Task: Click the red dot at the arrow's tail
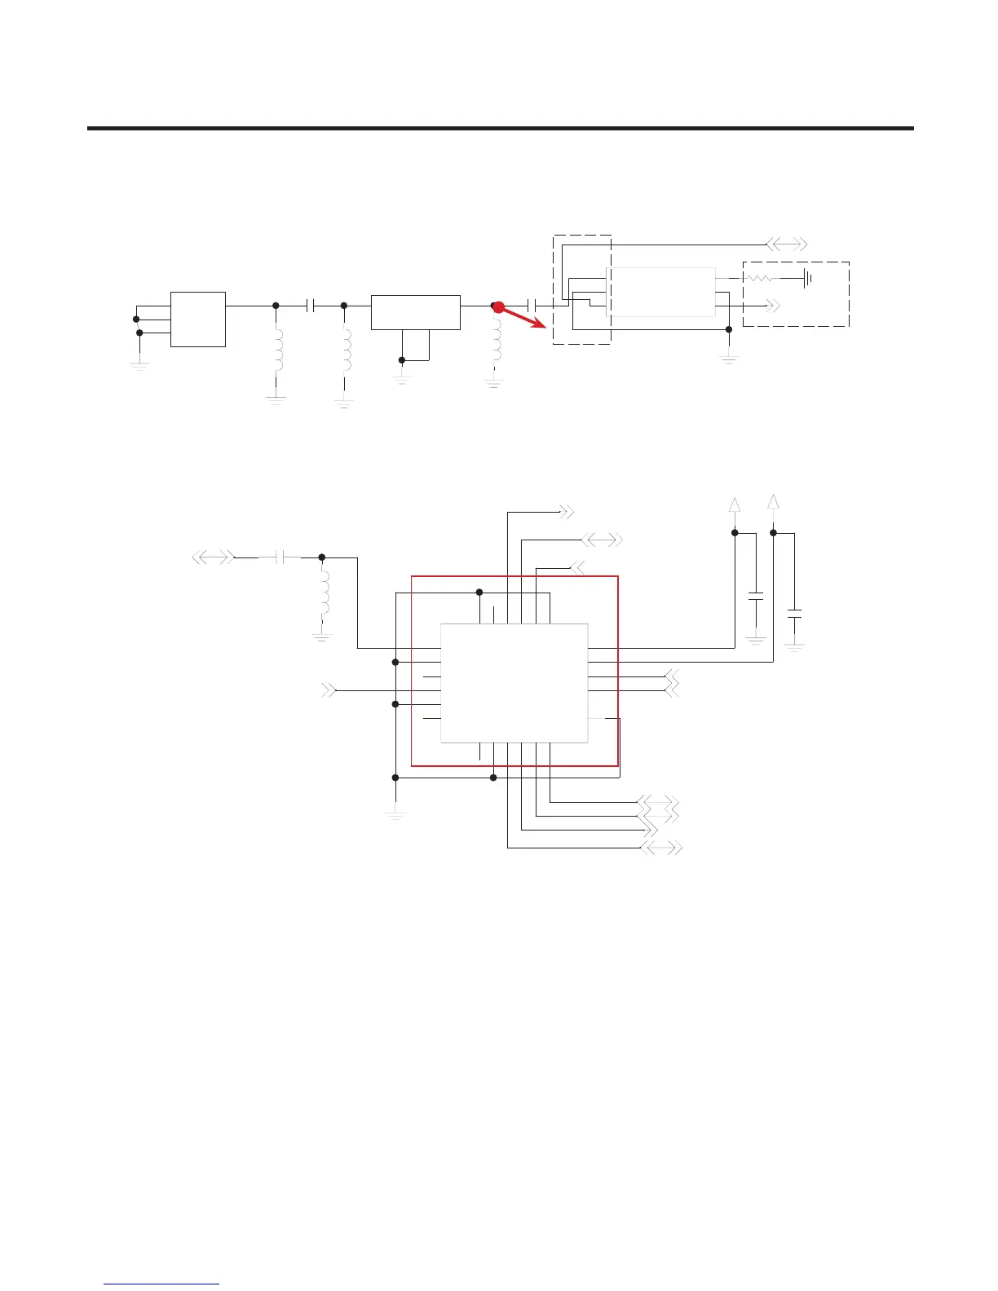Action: [x=499, y=307]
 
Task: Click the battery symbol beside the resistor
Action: [x=806, y=279]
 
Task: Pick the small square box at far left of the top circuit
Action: [x=198, y=319]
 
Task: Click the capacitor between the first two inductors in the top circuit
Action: [x=310, y=306]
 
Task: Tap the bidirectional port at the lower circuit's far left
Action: [x=213, y=557]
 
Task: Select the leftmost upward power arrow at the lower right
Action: [x=735, y=505]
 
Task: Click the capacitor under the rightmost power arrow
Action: [x=794, y=614]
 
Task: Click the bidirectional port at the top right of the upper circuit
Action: [x=787, y=244]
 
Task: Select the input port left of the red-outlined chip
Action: [x=329, y=690]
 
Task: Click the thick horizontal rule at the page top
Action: [x=500, y=128]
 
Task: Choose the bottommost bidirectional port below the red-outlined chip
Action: [x=661, y=848]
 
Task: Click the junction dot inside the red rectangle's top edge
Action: [x=479, y=593]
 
